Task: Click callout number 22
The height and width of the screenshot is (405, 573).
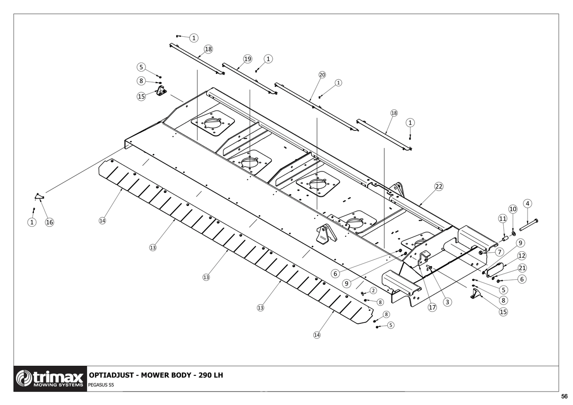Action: pos(439,187)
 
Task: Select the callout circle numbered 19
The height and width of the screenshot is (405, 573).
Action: pos(247,59)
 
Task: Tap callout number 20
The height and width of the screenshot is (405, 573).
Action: pos(322,75)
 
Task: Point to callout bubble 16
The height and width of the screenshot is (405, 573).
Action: pos(49,222)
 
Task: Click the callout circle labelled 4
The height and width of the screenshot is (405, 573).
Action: pos(527,203)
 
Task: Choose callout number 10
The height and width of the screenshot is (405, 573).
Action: pos(513,209)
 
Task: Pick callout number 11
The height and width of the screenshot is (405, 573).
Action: pos(503,218)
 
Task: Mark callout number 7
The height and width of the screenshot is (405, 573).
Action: pos(499,252)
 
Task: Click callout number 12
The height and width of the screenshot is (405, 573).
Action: pos(521,256)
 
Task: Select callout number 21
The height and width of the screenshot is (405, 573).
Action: pos(522,268)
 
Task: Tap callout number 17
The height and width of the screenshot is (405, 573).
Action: pos(432,307)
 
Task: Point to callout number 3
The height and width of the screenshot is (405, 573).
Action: pos(447,302)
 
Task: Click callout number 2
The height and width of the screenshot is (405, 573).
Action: pos(373,290)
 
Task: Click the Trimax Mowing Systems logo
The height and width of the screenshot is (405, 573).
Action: pos(50,379)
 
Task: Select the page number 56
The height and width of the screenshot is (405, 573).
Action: pos(564,396)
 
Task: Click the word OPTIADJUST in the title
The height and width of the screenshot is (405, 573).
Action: pos(111,375)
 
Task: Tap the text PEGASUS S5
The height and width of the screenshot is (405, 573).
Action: pos(101,385)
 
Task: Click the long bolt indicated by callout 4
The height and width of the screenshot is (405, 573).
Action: pos(529,225)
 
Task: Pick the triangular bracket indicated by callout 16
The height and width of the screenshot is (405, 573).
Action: pos(39,196)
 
